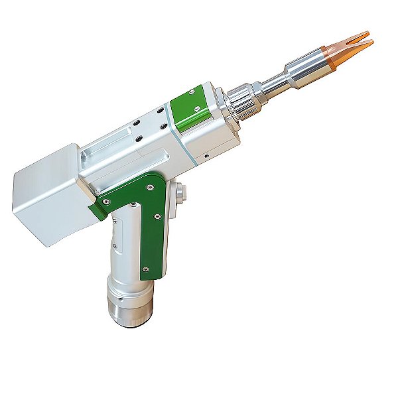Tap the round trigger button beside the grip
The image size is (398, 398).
click(x=179, y=194)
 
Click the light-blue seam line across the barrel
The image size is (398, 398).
click(x=192, y=145)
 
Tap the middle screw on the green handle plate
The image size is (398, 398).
click(x=157, y=216)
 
